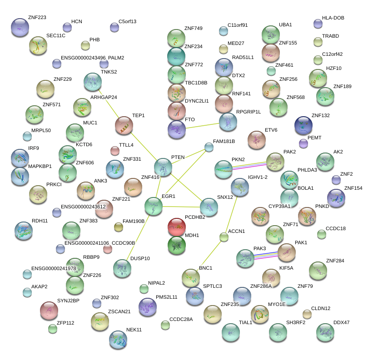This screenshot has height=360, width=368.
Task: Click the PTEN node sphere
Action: (163, 168)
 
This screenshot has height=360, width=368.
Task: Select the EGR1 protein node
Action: (154, 206)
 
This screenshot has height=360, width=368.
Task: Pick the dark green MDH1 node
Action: (177, 245)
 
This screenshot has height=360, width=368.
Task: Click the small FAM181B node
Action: (209, 147)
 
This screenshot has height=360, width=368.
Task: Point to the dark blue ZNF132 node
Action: (303, 125)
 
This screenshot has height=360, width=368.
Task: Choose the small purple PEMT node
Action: (303, 143)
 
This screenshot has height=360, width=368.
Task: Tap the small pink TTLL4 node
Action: (115, 151)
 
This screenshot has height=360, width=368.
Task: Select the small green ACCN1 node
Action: (224, 237)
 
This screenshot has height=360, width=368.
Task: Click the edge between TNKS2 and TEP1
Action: (108, 103)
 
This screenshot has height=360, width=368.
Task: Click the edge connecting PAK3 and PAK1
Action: (266, 256)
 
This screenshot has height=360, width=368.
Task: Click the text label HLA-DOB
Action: (333, 18)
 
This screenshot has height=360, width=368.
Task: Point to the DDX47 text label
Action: (342, 322)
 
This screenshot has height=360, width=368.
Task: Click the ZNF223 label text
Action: (37, 18)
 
